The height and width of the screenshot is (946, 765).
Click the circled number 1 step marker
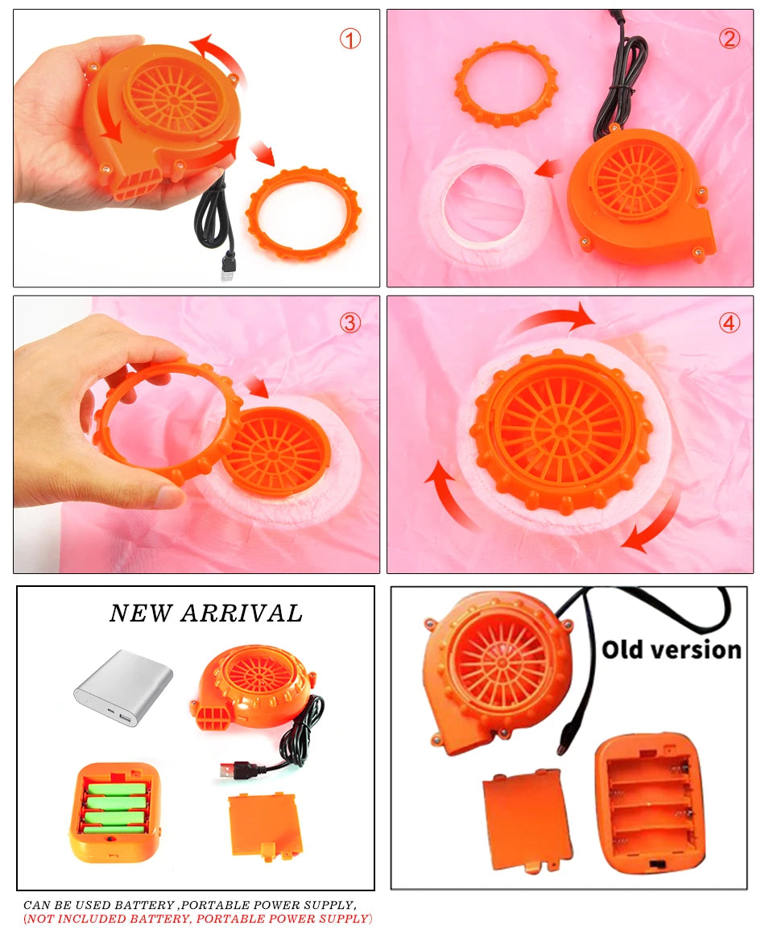point(349,38)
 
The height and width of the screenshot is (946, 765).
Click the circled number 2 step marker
point(730,38)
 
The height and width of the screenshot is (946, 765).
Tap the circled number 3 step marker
point(350,323)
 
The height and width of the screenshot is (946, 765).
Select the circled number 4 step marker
point(730,323)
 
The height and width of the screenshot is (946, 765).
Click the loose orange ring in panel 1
point(303,213)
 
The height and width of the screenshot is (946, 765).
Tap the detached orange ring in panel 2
point(505,84)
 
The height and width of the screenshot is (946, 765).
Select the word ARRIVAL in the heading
point(242,613)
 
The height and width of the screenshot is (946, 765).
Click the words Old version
point(671,649)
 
